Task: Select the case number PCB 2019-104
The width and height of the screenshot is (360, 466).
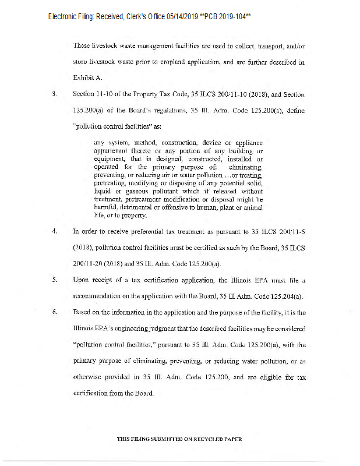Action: point(227,17)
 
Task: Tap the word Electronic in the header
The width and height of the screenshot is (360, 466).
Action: point(65,17)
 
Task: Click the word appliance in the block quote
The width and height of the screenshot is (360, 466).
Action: point(247,142)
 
